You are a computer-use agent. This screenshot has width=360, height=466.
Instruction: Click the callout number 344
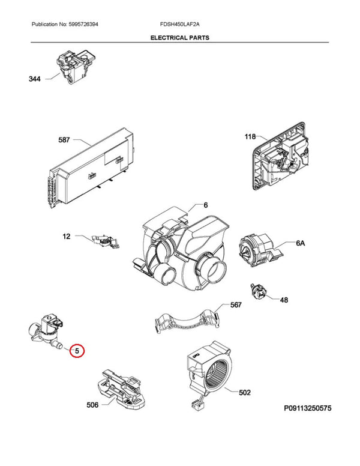(x=34, y=79)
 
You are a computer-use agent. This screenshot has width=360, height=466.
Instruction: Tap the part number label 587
(x=64, y=140)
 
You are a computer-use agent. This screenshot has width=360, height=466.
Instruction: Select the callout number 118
(x=250, y=136)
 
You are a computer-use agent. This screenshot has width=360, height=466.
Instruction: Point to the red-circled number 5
(x=77, y=351)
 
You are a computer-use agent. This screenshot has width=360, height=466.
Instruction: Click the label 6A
(x=300, y=243)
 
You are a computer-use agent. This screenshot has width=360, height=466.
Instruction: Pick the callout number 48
(x=284, y=300)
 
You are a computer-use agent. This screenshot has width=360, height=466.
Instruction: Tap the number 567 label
(x=236, y=305)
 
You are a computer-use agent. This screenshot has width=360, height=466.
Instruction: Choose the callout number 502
(x=245, y=393)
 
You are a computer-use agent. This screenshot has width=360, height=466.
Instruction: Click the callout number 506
(x=92, y=405)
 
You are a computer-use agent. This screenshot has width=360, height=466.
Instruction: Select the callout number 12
(x=67, y=236)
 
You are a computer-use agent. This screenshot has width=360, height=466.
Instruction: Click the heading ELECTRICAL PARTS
(x=180, y=38)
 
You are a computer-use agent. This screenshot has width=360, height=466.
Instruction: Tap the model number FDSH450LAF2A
(x=180, y=25)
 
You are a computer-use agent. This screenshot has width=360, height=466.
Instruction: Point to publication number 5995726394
(x=83, y=25)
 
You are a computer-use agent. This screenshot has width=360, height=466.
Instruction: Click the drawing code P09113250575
(x=307, y=408)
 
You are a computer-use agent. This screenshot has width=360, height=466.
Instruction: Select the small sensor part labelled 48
(x=258, y=291)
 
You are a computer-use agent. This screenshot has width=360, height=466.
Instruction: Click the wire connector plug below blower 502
(x=195, y=407)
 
